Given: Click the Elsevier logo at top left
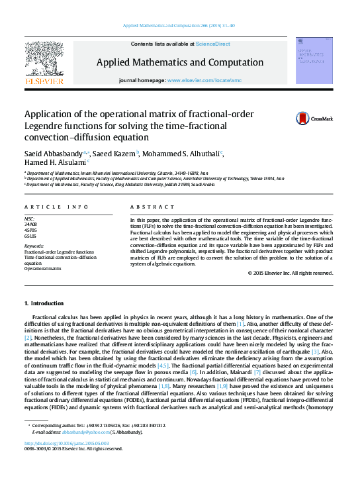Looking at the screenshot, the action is click(44, 64).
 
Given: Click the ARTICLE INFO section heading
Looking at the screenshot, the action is click(49, 207).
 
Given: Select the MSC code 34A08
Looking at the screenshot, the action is click(31, 224).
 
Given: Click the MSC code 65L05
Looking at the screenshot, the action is click(30, 235).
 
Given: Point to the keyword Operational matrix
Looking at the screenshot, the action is click(43, 268).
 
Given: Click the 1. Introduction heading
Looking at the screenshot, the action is click(44, 303).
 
